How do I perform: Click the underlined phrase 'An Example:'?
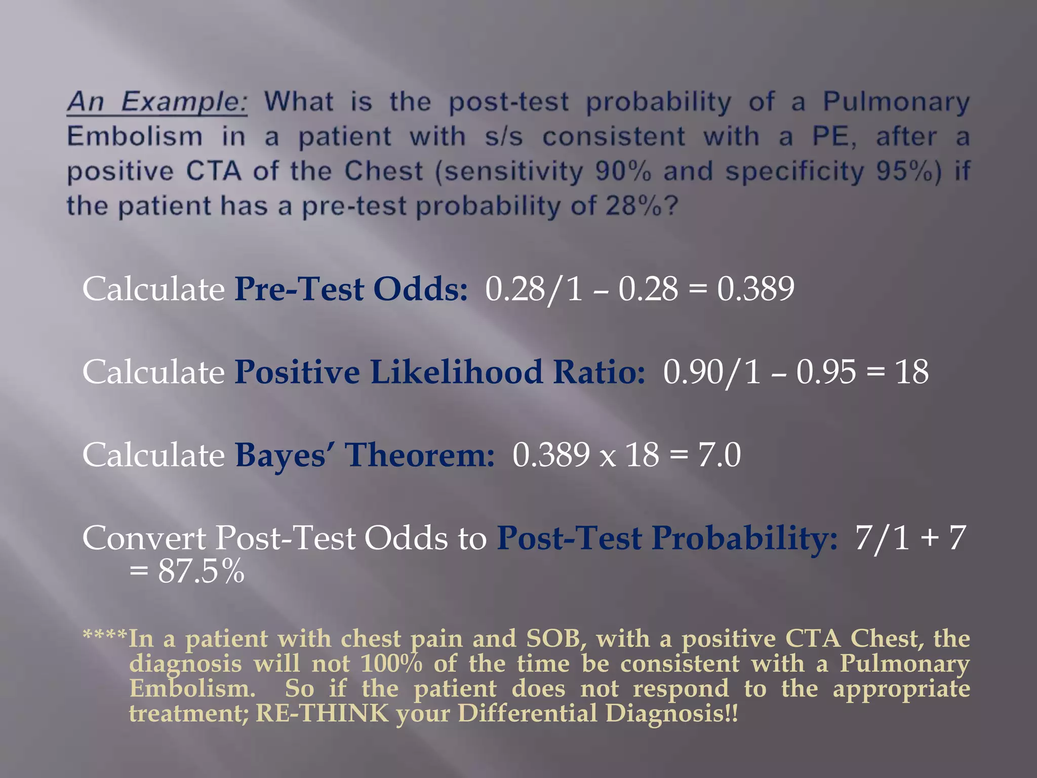157,102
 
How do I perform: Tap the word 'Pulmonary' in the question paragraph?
896,102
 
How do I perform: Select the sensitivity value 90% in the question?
623,171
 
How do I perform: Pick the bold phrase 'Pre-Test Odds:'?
351,289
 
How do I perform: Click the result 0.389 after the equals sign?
755,289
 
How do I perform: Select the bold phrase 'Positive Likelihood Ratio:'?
440,372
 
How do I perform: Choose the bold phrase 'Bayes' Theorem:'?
365,455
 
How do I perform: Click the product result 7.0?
720,455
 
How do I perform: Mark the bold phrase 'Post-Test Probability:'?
667,538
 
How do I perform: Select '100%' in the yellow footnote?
391,664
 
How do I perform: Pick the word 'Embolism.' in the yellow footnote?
192,689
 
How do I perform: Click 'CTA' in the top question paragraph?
214,171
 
